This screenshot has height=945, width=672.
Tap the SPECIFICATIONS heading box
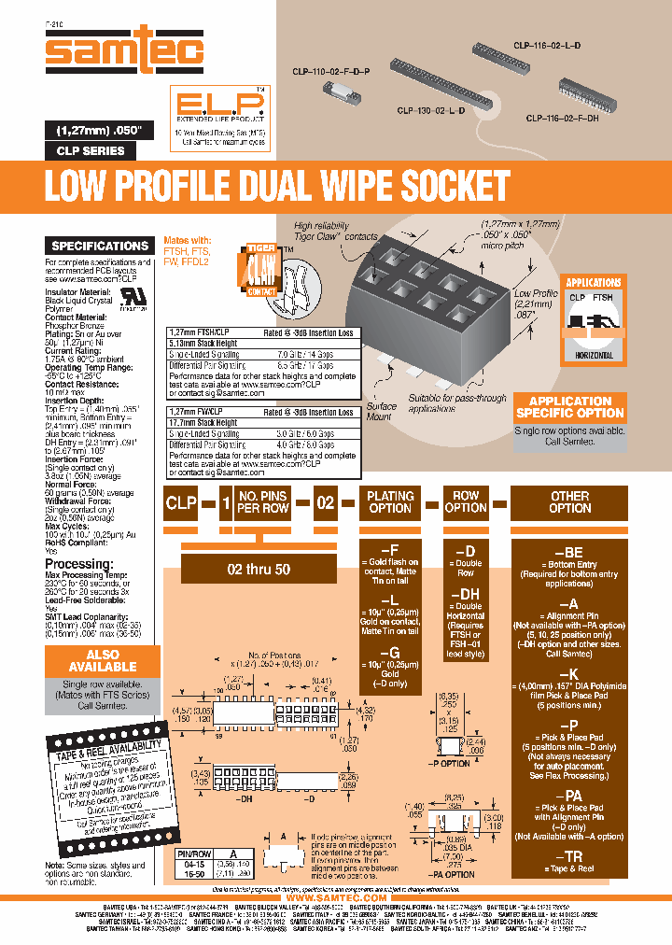click(x=101, y=246)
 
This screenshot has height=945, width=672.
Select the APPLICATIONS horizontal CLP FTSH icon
click(x=594, y=318)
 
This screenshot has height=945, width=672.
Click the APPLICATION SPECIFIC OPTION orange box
click(x=570, y=406)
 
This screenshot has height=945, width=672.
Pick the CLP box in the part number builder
click(x=181, y=502)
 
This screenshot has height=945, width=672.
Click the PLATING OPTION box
click(x=390, y=502)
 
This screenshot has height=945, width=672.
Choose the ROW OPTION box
click(x=466, y=502)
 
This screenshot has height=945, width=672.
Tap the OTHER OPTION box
click(x=569, y=502)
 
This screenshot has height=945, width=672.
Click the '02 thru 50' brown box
click(x=259, y=568)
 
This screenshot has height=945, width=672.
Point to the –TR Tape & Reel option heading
click(x=569, y=856)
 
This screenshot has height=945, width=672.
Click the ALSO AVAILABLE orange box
click(x=103, y=660)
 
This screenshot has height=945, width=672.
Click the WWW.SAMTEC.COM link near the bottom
click(x=336, y=897)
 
